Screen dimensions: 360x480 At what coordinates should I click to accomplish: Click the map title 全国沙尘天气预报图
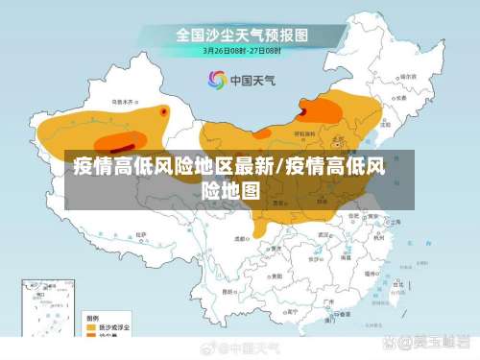(x=240, y=34)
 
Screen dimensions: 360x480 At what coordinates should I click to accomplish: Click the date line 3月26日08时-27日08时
(x=240, y=51)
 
